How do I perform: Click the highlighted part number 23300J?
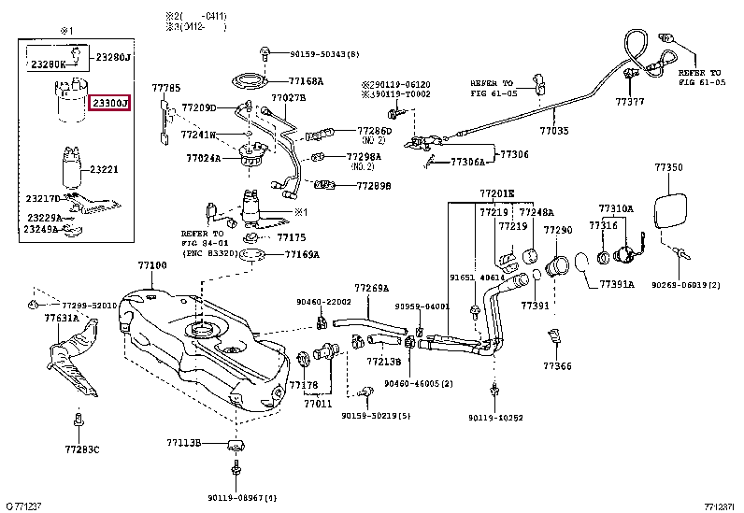[109, 102]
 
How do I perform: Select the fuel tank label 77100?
[152, 266]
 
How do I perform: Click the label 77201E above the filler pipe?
[497, 193]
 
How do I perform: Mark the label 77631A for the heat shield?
[61, 318]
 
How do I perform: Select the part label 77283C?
[81, 449]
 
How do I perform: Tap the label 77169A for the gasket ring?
[302, 254]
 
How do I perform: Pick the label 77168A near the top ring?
[306, 81]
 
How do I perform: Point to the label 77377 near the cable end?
[630, 100]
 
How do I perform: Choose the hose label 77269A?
[371, 288]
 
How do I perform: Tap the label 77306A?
[468, 162]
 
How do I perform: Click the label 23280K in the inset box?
[49, 64]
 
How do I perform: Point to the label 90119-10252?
[495, 418]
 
